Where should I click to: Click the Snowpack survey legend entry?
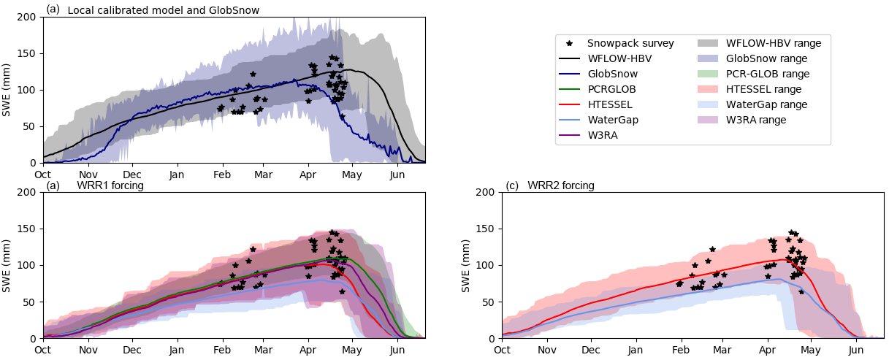(630, 43)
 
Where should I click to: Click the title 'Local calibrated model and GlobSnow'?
(163, 10)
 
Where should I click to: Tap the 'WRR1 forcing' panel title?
(110, 185)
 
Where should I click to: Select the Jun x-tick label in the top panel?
(397, 175)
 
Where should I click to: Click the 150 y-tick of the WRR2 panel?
(489, 229)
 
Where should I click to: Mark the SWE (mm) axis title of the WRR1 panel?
(7, 265)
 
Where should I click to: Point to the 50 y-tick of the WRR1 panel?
(32, 302)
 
